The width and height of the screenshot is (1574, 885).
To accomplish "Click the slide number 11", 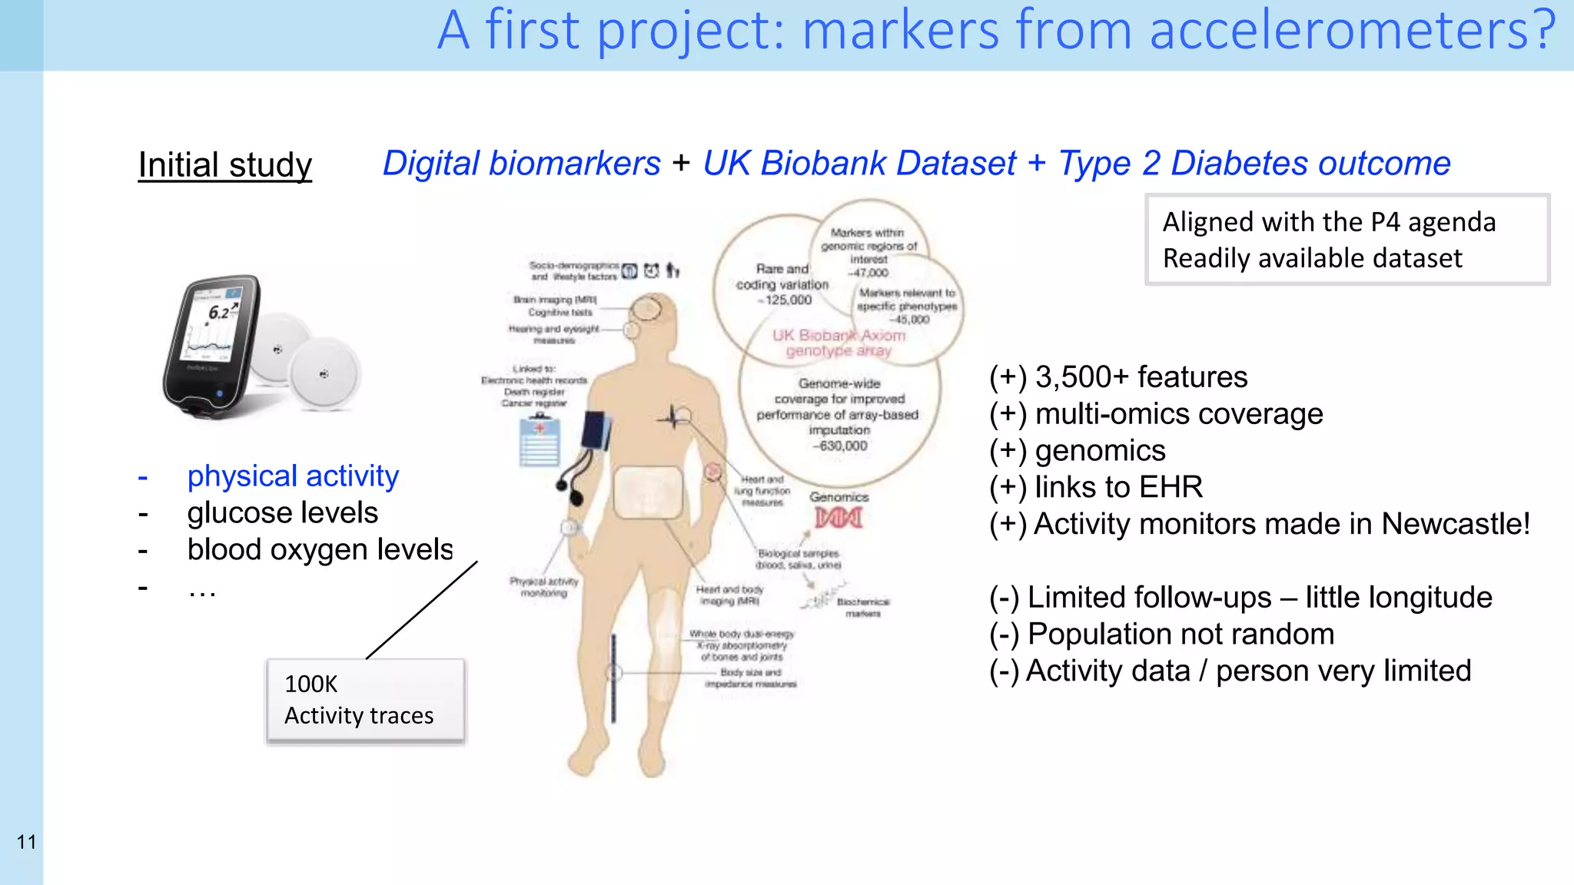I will point(26,842).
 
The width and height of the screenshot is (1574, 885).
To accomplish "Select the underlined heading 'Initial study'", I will point(224,165).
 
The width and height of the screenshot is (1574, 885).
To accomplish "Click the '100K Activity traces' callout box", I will point(366,700).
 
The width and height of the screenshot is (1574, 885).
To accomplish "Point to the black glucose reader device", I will point(211,346).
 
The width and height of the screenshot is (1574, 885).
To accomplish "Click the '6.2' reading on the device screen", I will point(220,312).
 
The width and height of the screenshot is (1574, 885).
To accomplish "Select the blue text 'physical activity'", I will point(293,476).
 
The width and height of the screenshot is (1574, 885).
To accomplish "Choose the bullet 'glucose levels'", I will point(282,513).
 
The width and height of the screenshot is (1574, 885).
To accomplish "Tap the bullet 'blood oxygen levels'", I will point(320,550).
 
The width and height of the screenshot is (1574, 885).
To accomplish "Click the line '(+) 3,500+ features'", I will point(1118,377).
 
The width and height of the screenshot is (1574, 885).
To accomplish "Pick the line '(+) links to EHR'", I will point(1096,487).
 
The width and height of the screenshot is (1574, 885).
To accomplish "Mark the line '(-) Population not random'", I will point(1161,635).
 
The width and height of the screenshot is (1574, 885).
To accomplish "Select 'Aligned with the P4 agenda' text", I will point(1329,222).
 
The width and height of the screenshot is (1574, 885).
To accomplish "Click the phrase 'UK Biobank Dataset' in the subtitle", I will point(859,164).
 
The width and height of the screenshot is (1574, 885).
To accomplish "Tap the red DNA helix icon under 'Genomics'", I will point(838,518).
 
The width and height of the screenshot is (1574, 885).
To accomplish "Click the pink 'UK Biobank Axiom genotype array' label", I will point(838,343).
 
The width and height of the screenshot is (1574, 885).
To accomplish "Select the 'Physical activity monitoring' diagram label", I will point(544,587).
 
